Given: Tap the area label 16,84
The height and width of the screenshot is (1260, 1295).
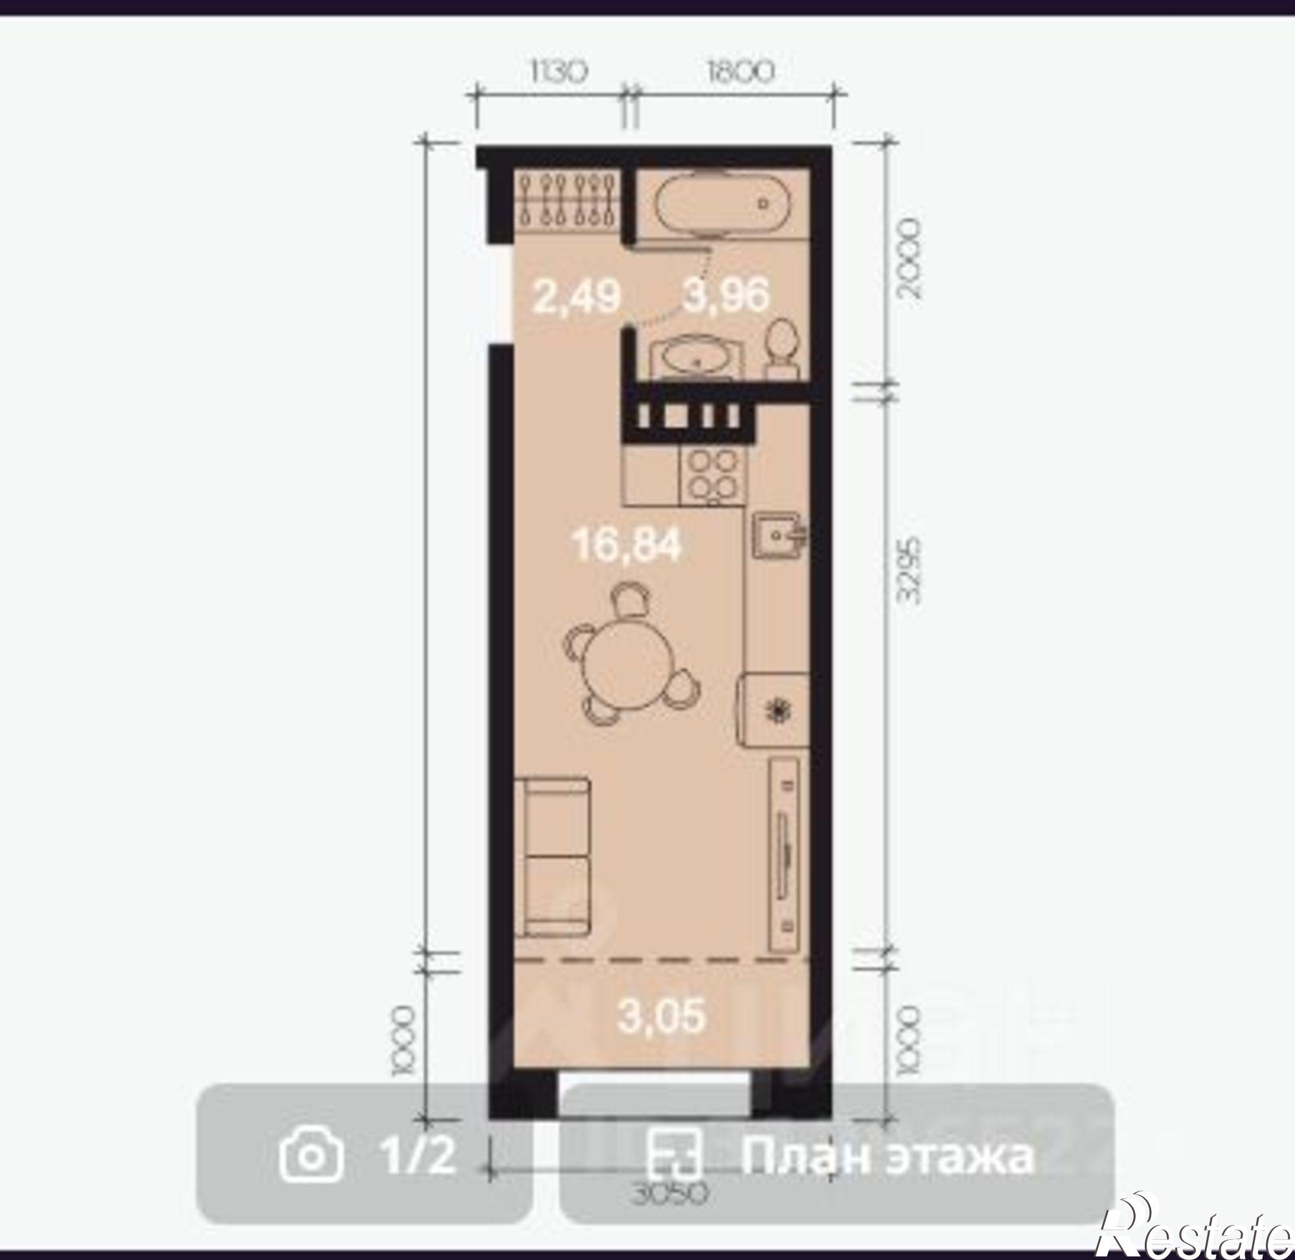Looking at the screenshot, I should click(627, 547).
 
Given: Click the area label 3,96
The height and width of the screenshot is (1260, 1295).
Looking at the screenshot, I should click(726, 295).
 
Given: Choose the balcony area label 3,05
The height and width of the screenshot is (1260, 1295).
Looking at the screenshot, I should click(661, 1016).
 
